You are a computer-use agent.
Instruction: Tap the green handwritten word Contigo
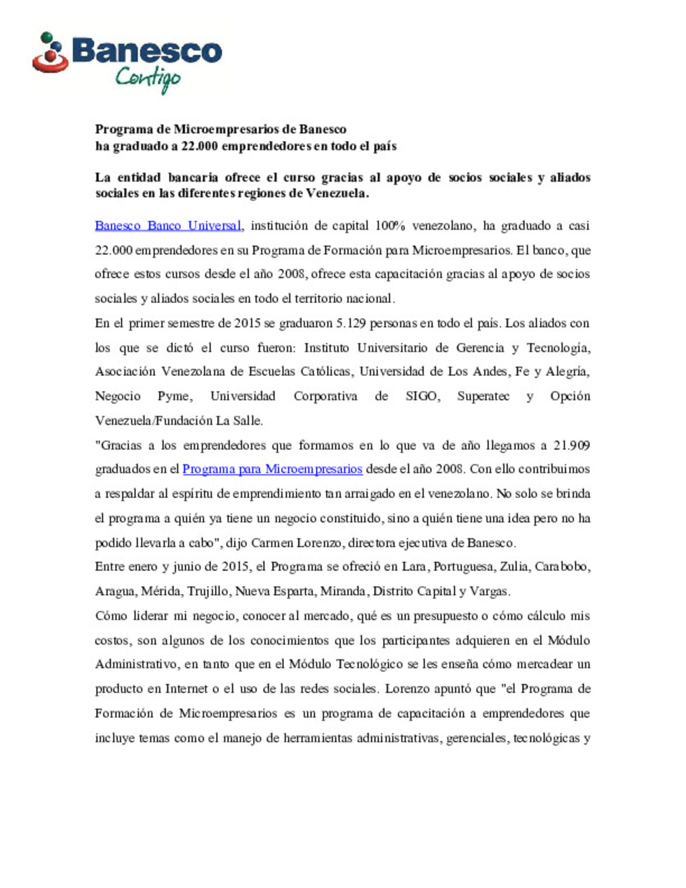148,78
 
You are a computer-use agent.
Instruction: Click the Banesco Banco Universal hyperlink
168,225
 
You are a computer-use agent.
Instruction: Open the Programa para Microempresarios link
272,469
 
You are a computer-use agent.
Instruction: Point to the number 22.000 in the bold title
199,146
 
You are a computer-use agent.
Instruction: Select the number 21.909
571,445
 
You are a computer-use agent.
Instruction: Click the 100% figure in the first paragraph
390,225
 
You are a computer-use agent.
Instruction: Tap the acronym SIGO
422,396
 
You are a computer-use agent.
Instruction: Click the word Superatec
483,396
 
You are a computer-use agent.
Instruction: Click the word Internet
186,689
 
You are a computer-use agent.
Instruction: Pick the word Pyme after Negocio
174,396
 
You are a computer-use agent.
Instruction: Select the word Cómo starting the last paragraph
111,616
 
